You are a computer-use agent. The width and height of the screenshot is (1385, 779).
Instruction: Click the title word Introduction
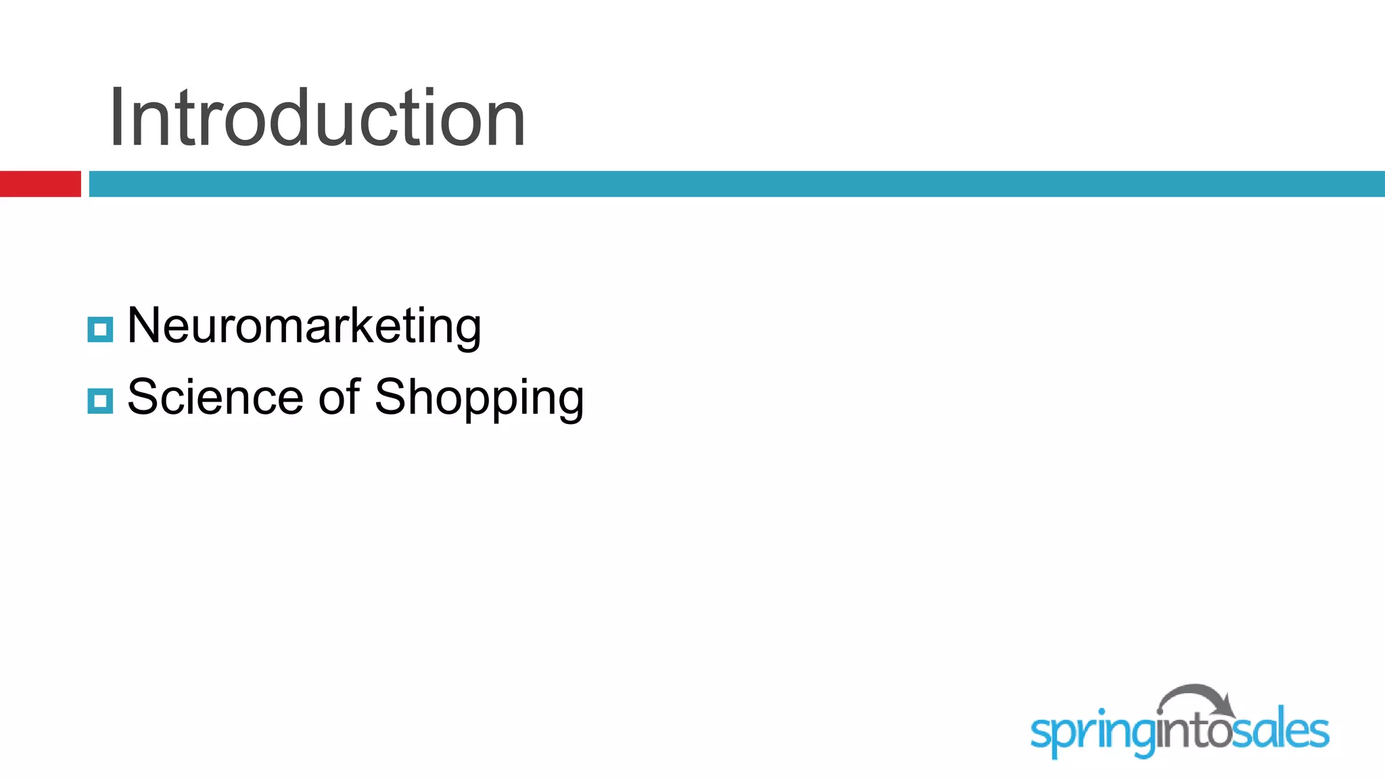(x=316, y=118)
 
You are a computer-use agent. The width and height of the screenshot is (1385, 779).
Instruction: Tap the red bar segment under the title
(x=40, y=184)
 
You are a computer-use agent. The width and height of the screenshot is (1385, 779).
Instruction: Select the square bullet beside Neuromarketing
(x=100, y=329)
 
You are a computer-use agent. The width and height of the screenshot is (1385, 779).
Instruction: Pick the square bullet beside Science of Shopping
(x=100, y=401)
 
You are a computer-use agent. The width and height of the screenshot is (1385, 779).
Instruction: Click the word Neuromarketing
(x=304, y=326)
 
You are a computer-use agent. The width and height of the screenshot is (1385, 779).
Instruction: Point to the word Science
(x=215, y=397)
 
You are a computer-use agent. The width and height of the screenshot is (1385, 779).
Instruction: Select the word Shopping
(x=479, y=399)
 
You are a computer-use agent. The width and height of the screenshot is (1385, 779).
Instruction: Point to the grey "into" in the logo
(x=1193, y=732)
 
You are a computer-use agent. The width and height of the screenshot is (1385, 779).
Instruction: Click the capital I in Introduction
(x=117, y=118)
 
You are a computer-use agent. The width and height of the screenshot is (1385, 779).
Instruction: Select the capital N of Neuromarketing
(x=143, y=325)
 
